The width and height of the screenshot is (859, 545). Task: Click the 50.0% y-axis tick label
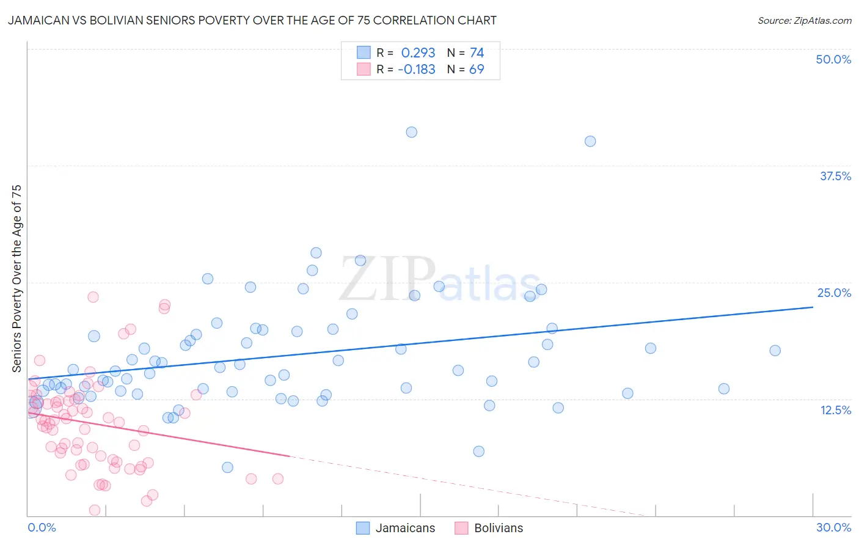pyautogui.click(x=833, y=59)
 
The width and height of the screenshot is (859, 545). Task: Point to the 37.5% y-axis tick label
pyautogui.click(x=835, y=176)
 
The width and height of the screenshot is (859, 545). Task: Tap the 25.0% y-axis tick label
pyautogui.click(x=834, y=293)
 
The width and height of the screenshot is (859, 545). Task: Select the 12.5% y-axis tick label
pyautogui.click(x=835, y=410)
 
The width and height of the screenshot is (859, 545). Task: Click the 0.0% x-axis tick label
pyautogui.click(x=42, y=527)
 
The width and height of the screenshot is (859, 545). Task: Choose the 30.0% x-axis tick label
pyautogui.click(x=833, y=527)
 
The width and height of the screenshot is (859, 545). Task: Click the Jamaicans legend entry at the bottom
pyautogui.click(x=396, y=528)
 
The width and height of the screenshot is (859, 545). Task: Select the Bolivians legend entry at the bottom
pyautogui.click(x=489, y=528)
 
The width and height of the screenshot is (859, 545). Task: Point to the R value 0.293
pyautogui.click(x=418, y=53)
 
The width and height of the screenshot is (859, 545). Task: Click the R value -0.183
pyautogui.click(x=416, y=70)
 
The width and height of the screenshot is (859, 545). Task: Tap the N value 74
pyautogui.click(x=477, y=53)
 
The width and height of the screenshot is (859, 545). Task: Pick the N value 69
pyautogui.click(x=477, y=70)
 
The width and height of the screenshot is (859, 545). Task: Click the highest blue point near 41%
pyautogui.click(x=412, y=132)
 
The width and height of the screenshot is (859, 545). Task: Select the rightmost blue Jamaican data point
pyautogui.click(x=775, y=351)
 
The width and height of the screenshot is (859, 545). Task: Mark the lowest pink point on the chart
pyautogui.click(x=95, y=510)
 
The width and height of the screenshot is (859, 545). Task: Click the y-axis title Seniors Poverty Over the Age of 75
pyautogui.click(x=17, y=279)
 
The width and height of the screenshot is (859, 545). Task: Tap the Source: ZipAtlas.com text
pyautogui.click(x=804, y=21)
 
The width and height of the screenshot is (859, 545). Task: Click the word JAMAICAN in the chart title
pyautogui.click(x=37, y=20)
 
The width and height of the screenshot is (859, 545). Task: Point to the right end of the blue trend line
pyautogui.click(x=813, y=307)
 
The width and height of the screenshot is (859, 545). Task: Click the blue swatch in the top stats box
pyautogui.click(x=364, y=53)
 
